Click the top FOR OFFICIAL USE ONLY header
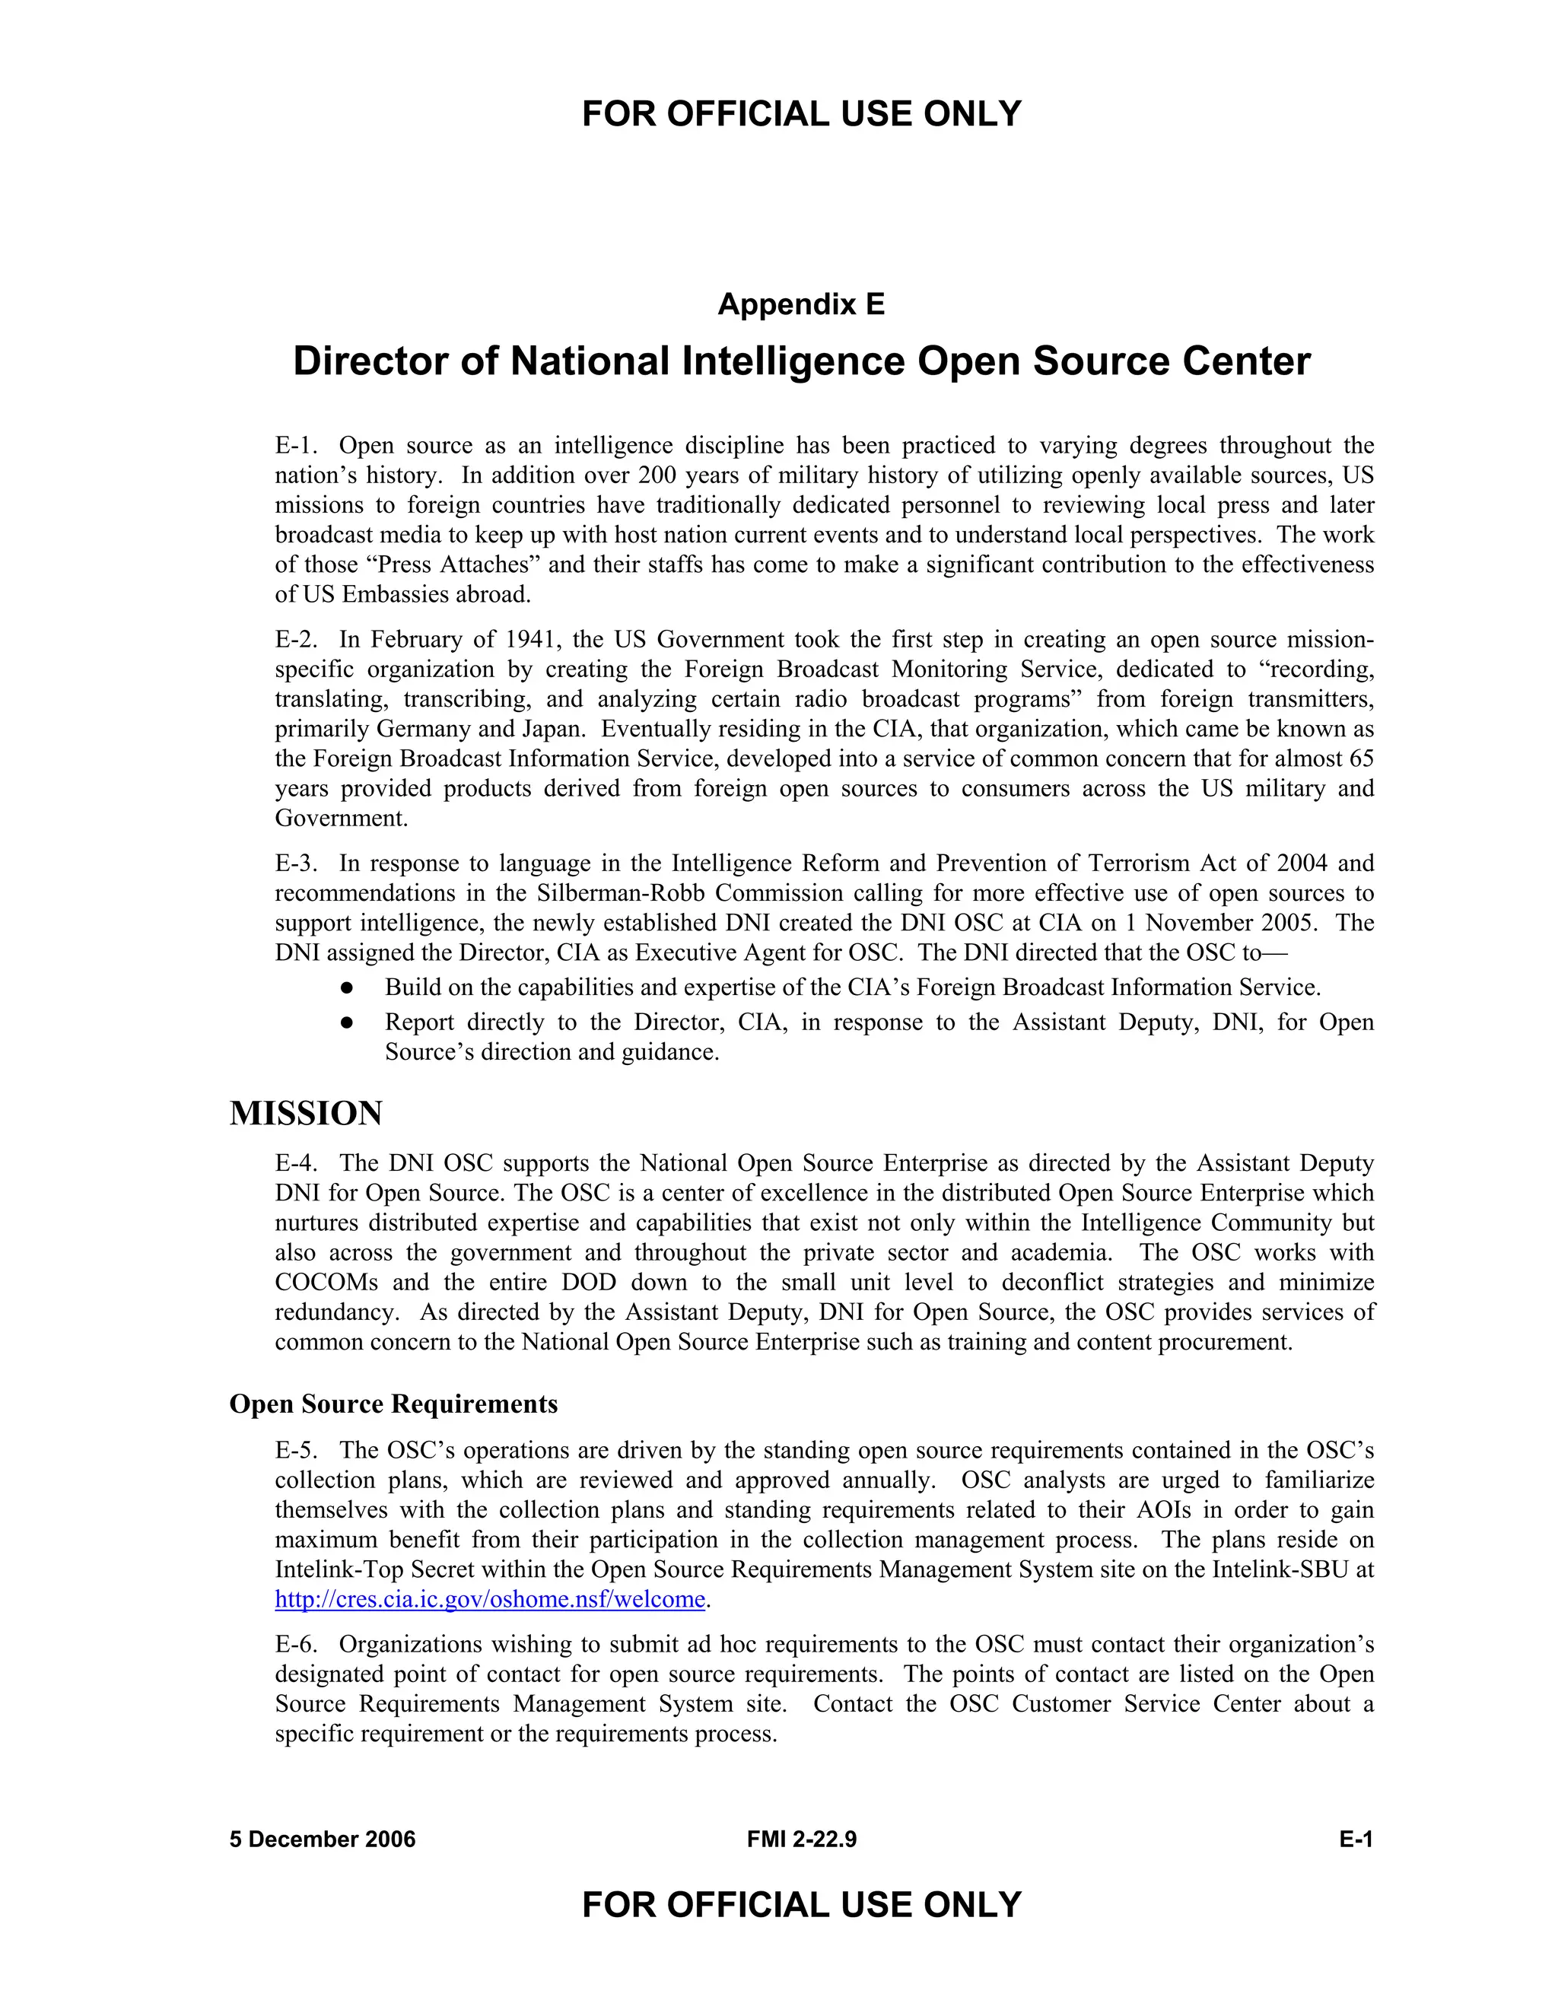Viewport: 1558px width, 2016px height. click(801, 114)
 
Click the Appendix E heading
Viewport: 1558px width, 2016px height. click(801, 304)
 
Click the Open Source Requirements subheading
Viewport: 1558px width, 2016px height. click(393, 1404)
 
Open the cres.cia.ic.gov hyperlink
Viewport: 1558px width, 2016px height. click(490, 1600)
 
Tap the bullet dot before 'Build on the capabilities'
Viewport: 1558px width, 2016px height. click(347, 987)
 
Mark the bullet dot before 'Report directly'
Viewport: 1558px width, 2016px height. click(347, 1022)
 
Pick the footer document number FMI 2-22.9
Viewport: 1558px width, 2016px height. click(801, 1840)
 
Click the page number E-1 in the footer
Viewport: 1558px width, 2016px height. click(1356, 1840)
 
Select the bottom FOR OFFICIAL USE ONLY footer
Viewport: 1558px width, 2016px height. click(801, 1905)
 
